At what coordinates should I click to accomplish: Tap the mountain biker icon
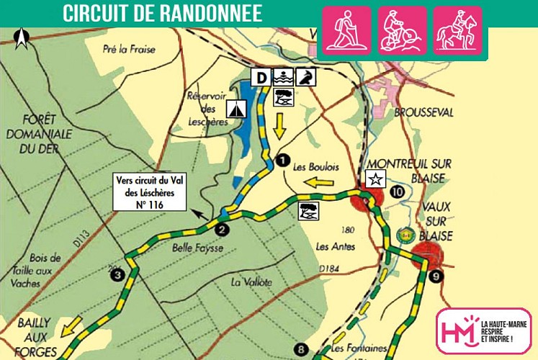pyautogui.click(x=403, y=31)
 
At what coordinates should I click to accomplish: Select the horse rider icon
pyautogui.click(x=457, y=31)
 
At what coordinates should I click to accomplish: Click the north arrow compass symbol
pyautogui.click(x=22, y=39)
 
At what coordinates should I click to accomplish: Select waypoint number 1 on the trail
pyautogui.click(x=282, y=159)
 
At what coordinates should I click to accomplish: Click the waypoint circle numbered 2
pyautogui.click(x=223, y=230)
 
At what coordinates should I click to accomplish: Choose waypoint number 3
pyautogui.click(x=118, y=273)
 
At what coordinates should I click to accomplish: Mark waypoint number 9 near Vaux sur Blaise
pyautogui.click(x=432, y=276)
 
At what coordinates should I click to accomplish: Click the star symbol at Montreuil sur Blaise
pyautogui.click(x=375, y=179)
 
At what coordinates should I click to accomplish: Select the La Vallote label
pyautogui.click(x=251, y=282)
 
